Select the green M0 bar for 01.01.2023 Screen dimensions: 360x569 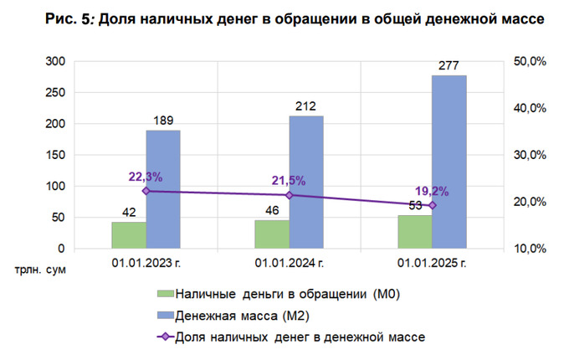click(x=129, y=235)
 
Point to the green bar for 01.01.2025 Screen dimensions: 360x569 click(x=415, y=232)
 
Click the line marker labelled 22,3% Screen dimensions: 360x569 click(x=146, y=191)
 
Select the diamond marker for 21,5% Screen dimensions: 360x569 click(x=290, y=195)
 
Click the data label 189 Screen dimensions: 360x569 click(x=163, y=121)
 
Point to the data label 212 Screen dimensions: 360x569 click(x=306, y=106)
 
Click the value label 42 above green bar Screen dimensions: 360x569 click(x=129, y=212)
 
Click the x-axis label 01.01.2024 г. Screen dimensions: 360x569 click(x=289, y=265)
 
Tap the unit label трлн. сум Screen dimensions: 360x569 click(x=38, y=270)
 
